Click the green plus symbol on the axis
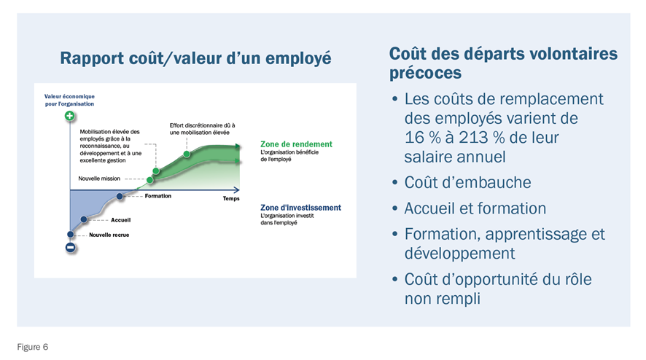[x=69, y=116]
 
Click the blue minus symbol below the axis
[x=71, y=248]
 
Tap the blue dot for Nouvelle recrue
[x=71, y=235]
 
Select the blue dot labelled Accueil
[x=84, y=219]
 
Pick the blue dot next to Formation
[x=120, y=197]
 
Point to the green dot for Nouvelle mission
[x=150, y=180]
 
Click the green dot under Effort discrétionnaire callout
[x=187, y=154]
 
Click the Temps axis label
[x=231, y=198]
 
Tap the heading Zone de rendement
[x=296, y=144]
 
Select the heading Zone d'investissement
[x=300, y=208]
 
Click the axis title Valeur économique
[x=69, y=96]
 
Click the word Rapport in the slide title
[x=93, y=58]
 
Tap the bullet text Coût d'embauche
[x=467, y=182]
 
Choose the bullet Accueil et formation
[x=475, y=208]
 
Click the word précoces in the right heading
[x=425, y=74]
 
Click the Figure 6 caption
[x=33, y=347]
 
